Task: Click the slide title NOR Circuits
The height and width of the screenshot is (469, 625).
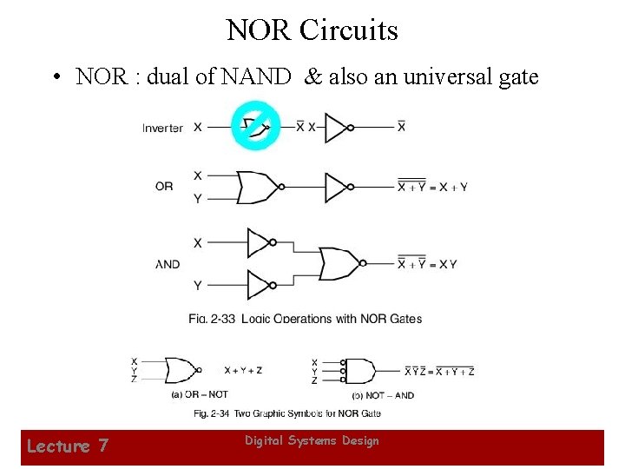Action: (312, 30)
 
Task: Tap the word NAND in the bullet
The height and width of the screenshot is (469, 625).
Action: (256, 77)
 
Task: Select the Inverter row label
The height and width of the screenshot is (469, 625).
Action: (162, 128)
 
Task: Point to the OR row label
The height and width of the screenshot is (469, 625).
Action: (164, 186)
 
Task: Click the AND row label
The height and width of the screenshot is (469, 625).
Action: (168, 264)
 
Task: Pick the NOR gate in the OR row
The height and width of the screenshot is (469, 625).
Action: (258, 186)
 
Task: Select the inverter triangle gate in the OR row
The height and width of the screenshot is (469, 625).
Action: (337, 186)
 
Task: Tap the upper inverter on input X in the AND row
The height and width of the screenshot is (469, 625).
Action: (260, 243)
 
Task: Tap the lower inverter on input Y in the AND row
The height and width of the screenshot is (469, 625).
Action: (260, 285)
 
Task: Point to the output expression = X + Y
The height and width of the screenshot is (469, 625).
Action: (432, 186)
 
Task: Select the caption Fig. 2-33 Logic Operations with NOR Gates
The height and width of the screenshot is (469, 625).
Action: (306, 319)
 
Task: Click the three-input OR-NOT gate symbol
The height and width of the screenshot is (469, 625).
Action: (181, 370)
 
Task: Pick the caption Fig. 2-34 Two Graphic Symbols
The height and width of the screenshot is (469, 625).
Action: (286, 413)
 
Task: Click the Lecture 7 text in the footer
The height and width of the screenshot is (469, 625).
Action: (68, 446)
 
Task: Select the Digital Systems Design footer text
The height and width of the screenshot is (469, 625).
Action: (312, 441)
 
